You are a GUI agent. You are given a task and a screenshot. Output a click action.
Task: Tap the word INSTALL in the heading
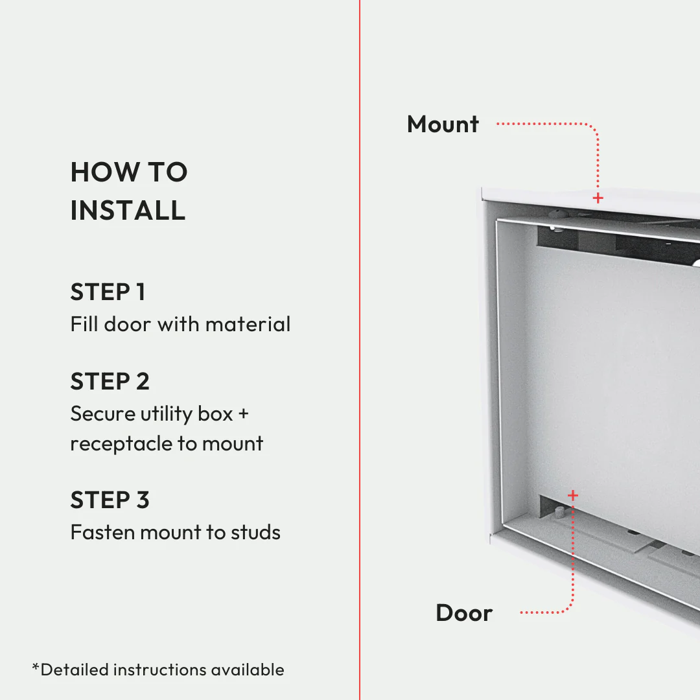(128, 211)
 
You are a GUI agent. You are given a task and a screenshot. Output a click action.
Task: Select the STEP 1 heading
(108, 292)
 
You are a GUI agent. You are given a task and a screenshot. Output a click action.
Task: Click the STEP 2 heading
(110, 382)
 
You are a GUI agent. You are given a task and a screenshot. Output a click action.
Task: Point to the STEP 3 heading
(110, 500)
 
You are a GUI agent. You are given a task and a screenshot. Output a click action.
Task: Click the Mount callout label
(443, 124)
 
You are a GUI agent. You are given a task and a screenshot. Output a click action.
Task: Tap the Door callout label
(464, 613)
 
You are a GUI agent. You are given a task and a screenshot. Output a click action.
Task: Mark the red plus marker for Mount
(598, 198)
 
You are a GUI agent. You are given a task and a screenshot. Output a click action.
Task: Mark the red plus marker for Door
(572, 496)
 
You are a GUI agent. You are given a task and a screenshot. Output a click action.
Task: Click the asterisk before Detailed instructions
(36, 667)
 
